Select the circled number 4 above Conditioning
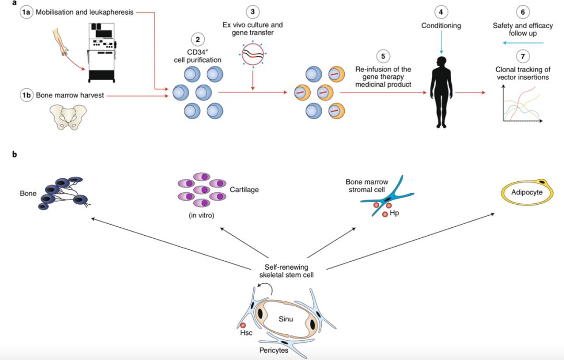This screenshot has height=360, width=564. point(442,11)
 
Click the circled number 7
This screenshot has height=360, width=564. point(523,55)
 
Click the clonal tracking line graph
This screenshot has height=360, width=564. point(522,105)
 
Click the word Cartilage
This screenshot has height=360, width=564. point(244,189)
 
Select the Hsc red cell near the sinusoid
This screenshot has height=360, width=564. point(243,326)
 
